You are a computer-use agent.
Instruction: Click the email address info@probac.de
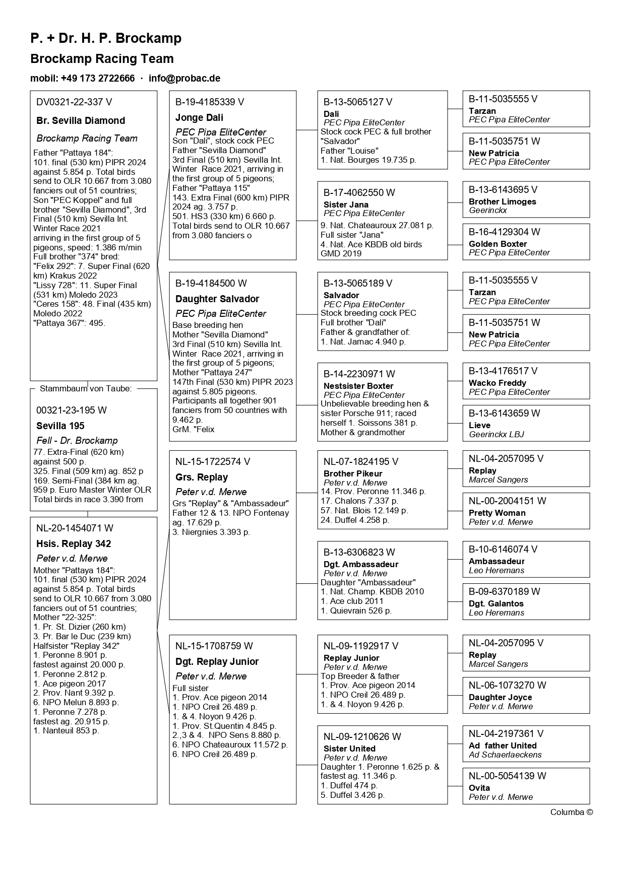(184, 79)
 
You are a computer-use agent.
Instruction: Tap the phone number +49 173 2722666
(98, 79)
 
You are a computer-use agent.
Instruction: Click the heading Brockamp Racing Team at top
(102, 59)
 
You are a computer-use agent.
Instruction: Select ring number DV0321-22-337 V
(74, 102)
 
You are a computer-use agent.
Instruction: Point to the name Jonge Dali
(199, 118)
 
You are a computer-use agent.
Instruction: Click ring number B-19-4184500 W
(211, 284)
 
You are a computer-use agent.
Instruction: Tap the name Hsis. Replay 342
(74, 544)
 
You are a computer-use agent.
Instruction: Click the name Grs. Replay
(202, 478)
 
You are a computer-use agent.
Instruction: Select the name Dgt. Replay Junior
(217, 662)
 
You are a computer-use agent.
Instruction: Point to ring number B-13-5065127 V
(358, 102)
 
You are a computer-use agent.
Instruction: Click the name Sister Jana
(346, 205)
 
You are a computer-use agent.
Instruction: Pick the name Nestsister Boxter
(358, 386)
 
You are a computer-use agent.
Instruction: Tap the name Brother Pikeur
(353, 474)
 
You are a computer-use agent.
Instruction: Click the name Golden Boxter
(497, 244)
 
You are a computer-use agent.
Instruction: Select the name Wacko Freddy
(497, 383)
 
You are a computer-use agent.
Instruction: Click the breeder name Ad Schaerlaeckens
(505, 755)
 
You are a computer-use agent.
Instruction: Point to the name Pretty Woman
(497, 513)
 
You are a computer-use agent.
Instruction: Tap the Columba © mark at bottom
(572, 812)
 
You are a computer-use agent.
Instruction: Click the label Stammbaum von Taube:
(86, 389)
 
